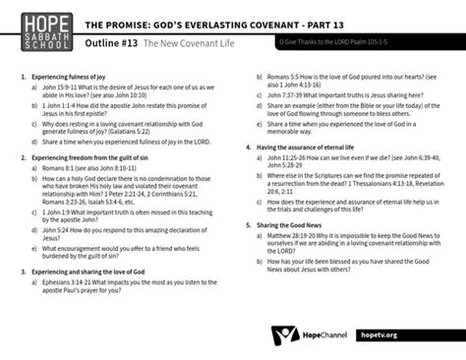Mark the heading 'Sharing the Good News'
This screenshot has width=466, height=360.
(290, 225)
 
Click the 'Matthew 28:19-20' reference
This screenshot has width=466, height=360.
(289, 236)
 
